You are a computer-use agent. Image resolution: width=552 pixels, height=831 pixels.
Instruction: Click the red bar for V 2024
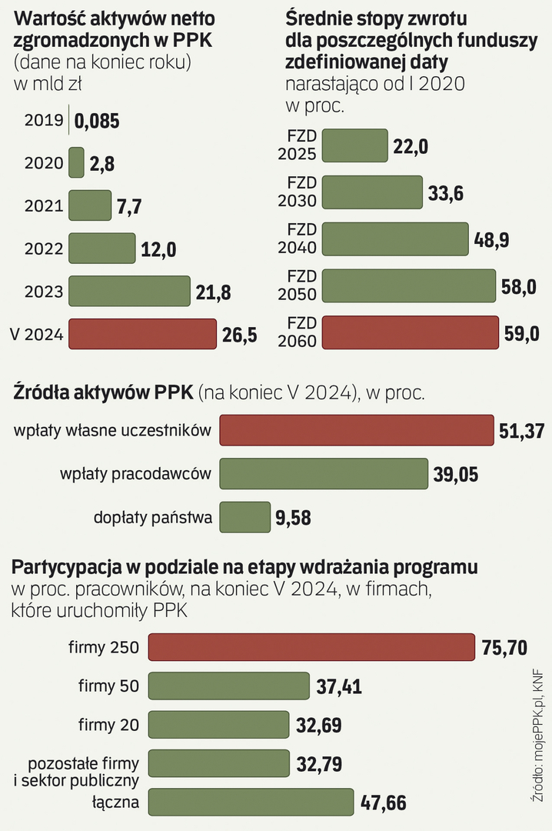coord(142,334)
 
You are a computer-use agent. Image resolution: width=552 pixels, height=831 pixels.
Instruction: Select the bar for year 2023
coord(129,292)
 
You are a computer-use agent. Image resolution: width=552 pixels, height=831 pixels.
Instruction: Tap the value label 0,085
coord(98,121)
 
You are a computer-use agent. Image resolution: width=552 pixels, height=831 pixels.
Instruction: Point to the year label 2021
coord(44,206)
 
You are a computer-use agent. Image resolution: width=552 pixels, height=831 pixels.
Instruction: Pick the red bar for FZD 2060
coord(410,332)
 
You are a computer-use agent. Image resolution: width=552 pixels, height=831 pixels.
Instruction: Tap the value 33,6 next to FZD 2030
coord(446,193)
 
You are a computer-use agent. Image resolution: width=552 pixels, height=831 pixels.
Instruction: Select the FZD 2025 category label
coord(297,145)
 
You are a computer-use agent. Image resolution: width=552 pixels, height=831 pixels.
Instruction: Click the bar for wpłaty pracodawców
coord(324,474)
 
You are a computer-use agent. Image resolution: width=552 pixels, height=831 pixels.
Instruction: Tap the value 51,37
coord(522,431)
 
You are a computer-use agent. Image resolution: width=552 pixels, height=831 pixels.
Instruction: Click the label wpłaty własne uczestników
coord(112,431)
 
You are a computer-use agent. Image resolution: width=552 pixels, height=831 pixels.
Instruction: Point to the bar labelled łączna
coord(251,803)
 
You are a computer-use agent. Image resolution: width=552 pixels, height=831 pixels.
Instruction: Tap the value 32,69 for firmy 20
coord(319,725)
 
